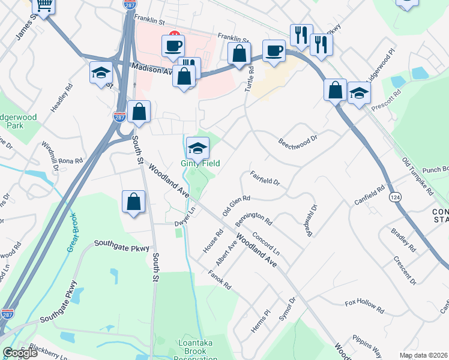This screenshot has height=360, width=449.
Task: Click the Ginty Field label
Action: click(x=200, y=163)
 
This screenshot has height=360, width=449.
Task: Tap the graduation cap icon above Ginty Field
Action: click(x=197, y=148)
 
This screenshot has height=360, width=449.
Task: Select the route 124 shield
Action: click(x=395, y=197)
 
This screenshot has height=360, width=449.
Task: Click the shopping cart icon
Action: click(x=44, y=5)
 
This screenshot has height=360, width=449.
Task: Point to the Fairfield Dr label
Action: click(x=265, y=178)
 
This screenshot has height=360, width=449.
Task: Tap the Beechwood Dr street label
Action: click(x=297, y=142)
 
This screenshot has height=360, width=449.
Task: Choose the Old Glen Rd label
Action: click(x=236, y=205)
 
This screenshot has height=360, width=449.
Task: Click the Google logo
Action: click(x=20, y=353)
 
